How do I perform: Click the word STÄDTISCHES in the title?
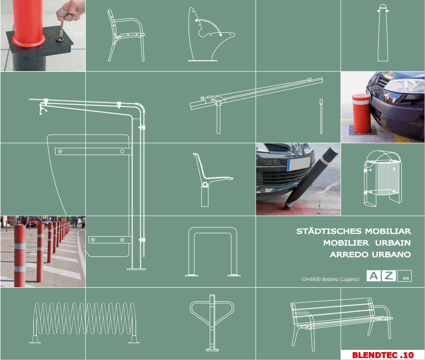(x=329, y=231)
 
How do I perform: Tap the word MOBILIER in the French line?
(x=346, y=243)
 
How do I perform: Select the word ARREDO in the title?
(x=349, y=254)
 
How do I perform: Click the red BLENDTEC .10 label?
(x=383, y=355)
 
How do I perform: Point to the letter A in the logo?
(x=373, y=276)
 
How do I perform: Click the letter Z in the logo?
(x=389, y=276)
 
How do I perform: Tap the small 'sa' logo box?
(x=405, y=276)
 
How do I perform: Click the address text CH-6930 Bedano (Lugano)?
(x=330, y=279)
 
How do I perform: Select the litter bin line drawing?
(x=383, y=177)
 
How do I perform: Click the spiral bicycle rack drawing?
(x=84, y=322)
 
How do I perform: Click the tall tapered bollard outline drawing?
(x=383, y=33)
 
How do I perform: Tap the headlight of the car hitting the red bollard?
(x=404, y=85)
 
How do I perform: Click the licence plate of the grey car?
(x=299, y=164)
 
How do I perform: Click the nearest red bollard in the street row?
(x=20, y=255)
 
